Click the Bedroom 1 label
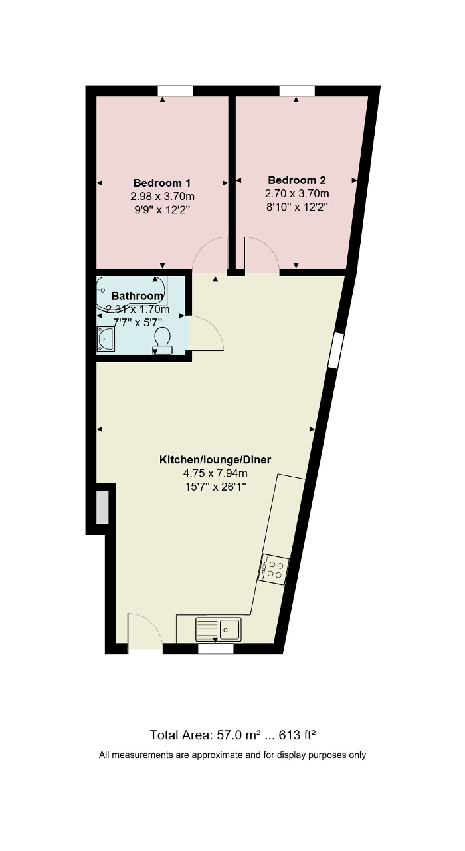tap(162, 183)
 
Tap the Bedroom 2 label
tap(297, 180)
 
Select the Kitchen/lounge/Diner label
tap(215, 459)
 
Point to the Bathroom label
tap(137, 296)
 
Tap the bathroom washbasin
tap(106, 339)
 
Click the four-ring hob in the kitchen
tap(273, 569)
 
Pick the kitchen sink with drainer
tap(218, 629)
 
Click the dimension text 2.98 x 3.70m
tap(163, 196)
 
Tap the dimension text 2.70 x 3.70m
tap(297, 193)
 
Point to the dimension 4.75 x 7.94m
tap(215, 473)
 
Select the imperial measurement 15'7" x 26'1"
tap(215, 487)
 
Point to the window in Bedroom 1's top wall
tap(175, 91)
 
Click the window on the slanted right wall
tap(335, 350)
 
